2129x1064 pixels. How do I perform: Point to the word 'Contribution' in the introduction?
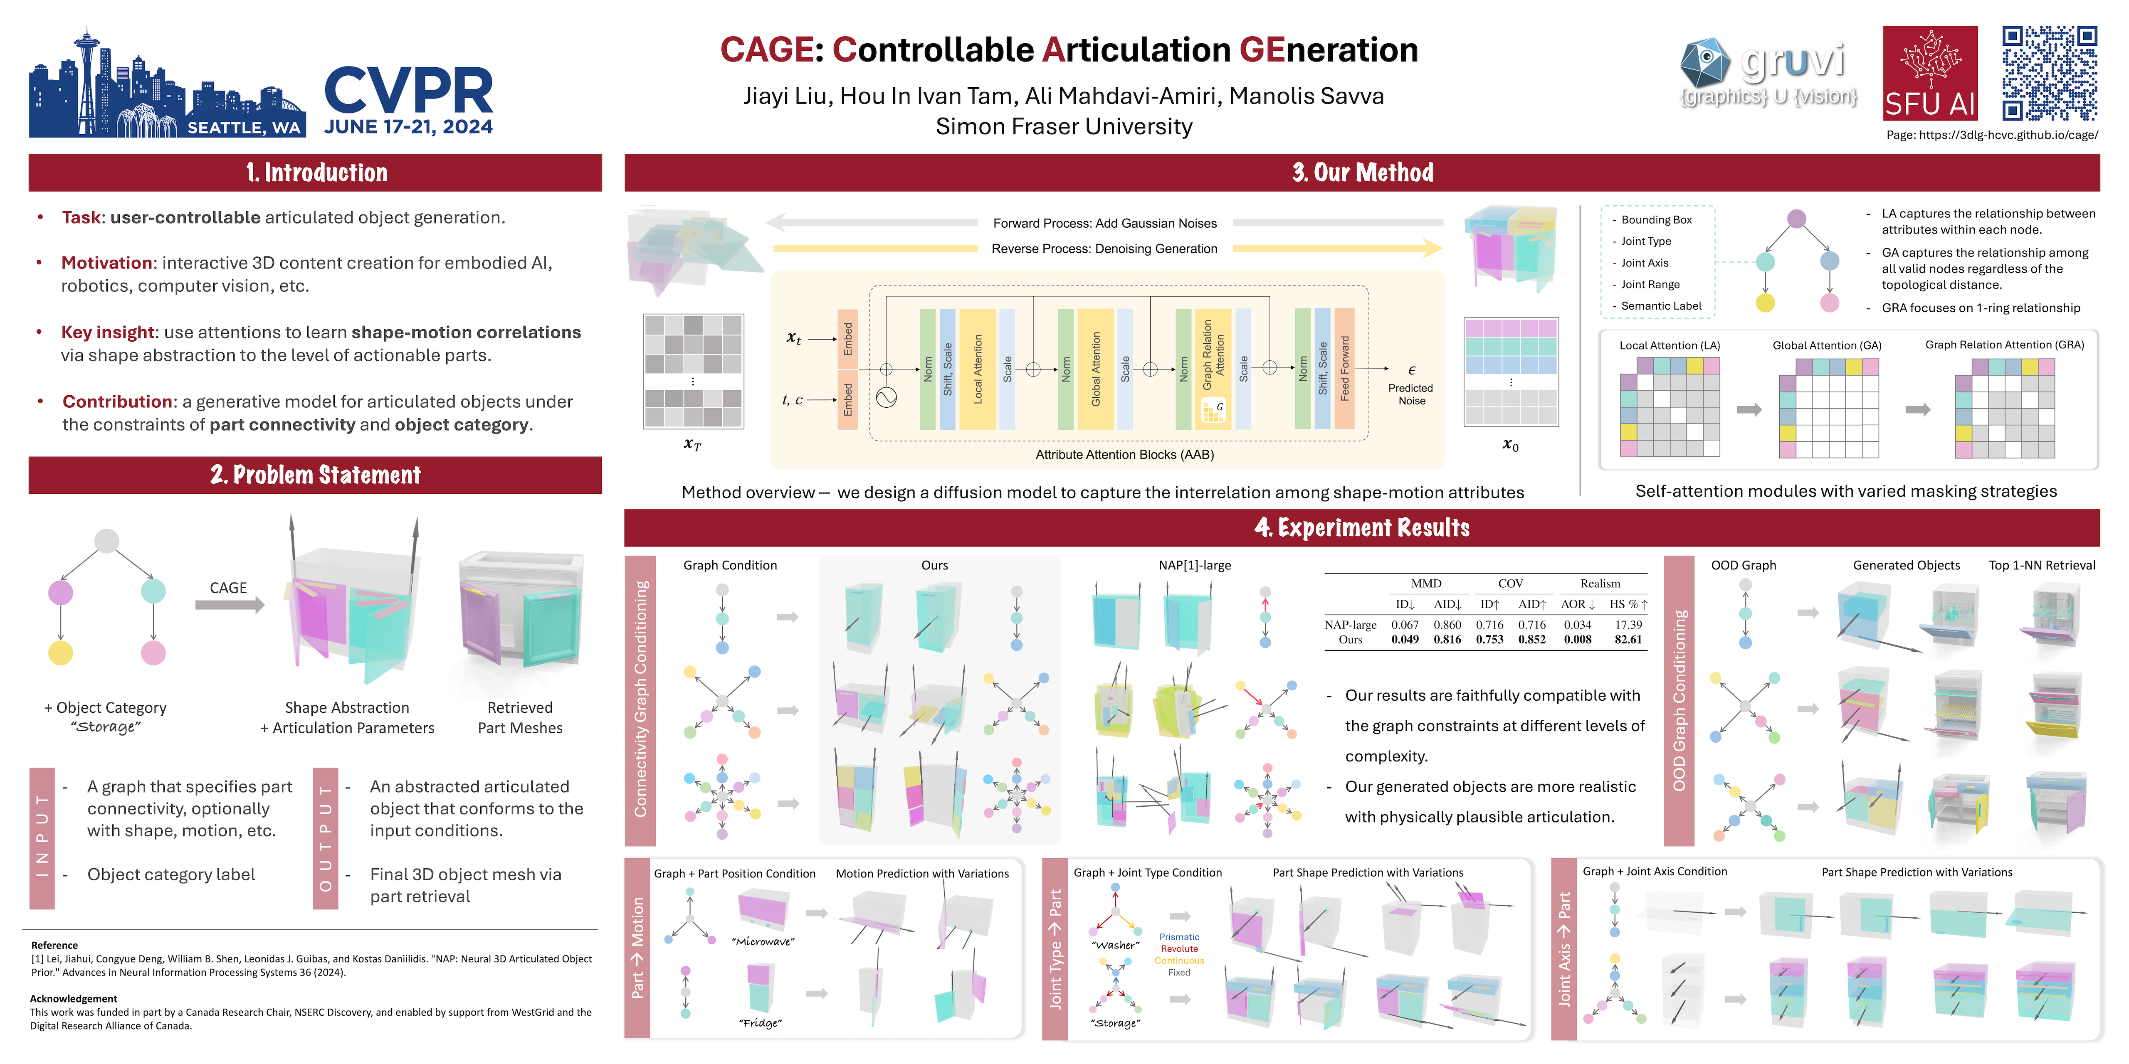pos(117,401)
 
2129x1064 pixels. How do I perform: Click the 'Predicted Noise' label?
pos(1411,394)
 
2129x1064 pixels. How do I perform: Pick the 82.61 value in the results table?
pos(1628,639)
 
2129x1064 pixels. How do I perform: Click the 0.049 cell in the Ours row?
pos(1405,639)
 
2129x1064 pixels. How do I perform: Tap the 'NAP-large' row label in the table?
pos(1351,625)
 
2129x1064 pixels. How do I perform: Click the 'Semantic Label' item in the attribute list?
pos(1661,305)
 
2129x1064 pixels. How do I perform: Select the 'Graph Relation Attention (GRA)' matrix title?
pos(2004,345)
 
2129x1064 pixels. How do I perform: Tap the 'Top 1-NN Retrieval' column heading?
pos(2041,565)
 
